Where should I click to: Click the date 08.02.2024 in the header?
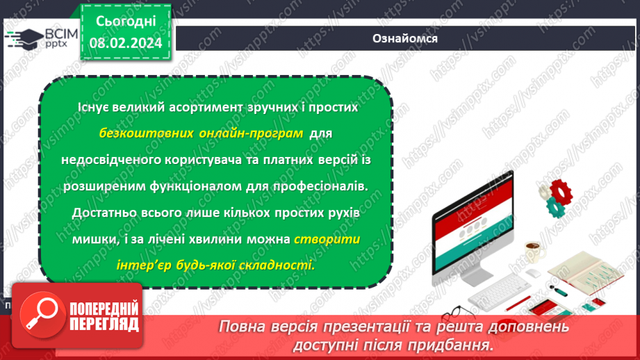tap(126, 42)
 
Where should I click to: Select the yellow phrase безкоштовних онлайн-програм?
tap(201, 133)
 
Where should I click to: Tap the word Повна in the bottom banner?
tap(241, 327)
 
